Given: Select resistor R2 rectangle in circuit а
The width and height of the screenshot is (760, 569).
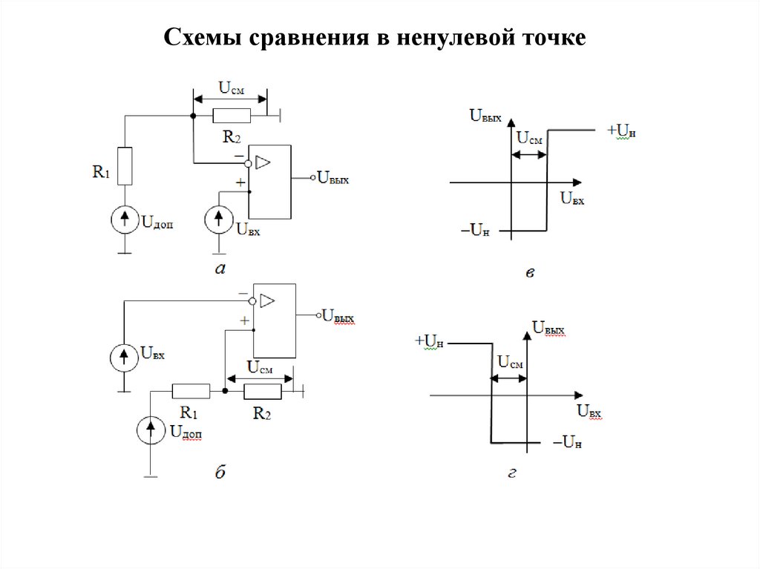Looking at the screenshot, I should (x=231, y=115).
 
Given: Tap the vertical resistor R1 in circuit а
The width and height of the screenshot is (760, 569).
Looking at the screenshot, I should (x=125, y=166).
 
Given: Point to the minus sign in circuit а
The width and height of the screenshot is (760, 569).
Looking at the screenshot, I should (x=237, y=156).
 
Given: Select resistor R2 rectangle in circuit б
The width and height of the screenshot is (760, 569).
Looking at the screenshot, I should (x=263, y=391).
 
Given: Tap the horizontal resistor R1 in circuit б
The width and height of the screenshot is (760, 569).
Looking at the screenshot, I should (x=185, y=391).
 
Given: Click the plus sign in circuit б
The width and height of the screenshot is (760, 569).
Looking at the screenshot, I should (x=243, y=320).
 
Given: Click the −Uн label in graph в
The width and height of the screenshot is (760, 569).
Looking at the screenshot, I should (x=476, y=231).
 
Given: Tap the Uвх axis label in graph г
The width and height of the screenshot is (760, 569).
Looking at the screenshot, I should (x=589, y=410).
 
